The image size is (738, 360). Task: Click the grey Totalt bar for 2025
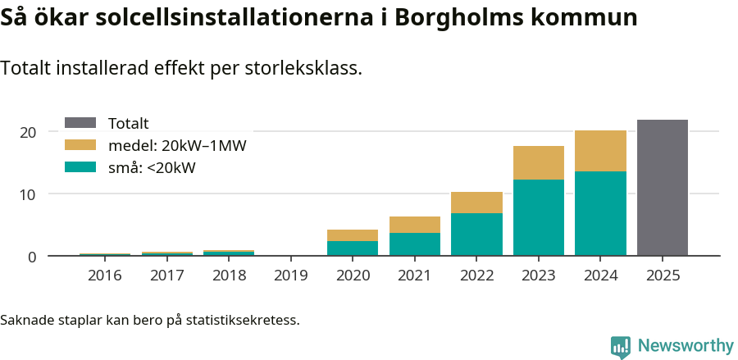tap(663, 188)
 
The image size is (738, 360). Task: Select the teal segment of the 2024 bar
tap(600, 213)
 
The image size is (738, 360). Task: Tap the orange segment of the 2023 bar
tap(539, 162)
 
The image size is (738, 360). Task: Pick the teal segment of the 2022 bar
tap(476, 235)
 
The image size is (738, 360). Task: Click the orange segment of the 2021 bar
tap(415, 225)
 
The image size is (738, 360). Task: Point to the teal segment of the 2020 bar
tap(353, 248)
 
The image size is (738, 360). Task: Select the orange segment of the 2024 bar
tap(600, 151)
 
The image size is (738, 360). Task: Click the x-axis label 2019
tap(291, 276)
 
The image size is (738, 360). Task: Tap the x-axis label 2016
tap(105, 276)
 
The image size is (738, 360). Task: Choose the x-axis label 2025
tap(663, 276)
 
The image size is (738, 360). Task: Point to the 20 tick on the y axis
tap(28, 132)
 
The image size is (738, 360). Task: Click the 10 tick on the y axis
tap(28, 194)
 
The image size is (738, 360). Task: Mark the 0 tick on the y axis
tap(32, 257)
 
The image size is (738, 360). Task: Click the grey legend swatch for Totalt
tap(80, 123)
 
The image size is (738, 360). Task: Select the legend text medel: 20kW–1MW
tap(177, 145)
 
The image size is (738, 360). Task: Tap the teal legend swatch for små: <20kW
tap(80, 167)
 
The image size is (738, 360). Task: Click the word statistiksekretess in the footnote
tap(243, 319)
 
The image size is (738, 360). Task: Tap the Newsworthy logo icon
tap(621, 346)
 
